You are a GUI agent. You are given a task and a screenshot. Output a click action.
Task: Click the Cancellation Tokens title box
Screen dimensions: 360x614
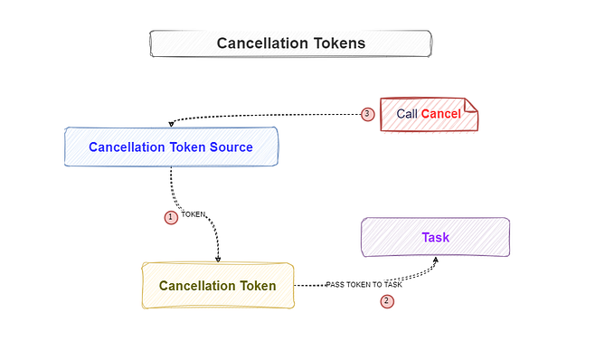click(x=290, y=43)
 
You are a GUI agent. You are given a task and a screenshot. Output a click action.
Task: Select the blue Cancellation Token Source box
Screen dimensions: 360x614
click(x=171, y=147)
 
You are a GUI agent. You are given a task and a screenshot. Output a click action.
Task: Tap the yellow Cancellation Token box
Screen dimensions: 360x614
click(x=218, y=285)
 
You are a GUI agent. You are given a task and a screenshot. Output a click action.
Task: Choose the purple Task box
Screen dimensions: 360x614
click(x=435, y=237)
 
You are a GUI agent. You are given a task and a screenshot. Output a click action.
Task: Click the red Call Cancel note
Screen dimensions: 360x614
click(x=428, y=114)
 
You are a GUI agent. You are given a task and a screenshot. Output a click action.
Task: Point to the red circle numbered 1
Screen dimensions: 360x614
click(x=170, y=217)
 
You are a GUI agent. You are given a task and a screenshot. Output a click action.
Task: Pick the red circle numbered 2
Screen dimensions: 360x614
click(x=387, y=301)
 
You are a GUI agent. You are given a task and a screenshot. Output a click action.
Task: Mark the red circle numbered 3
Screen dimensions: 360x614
click(x=367, y=114)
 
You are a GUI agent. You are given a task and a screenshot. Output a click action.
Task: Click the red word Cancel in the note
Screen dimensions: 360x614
click(x=441, y=114)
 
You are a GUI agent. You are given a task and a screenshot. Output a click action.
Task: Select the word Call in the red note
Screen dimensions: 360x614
click(x=407, y=114)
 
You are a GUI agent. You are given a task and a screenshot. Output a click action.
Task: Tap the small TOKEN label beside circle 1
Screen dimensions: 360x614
click(x=194, y=215)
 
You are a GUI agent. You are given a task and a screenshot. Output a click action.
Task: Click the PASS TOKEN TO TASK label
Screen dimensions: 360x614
click(x=364, y=285)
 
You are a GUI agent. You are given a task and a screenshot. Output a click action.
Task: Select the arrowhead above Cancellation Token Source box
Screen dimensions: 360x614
click(x=171, y=124)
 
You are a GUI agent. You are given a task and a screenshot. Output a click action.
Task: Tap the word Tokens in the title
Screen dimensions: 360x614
click(x=335, y=43)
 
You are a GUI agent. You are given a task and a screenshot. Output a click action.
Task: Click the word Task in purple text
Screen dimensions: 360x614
click(x=435, y=237)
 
